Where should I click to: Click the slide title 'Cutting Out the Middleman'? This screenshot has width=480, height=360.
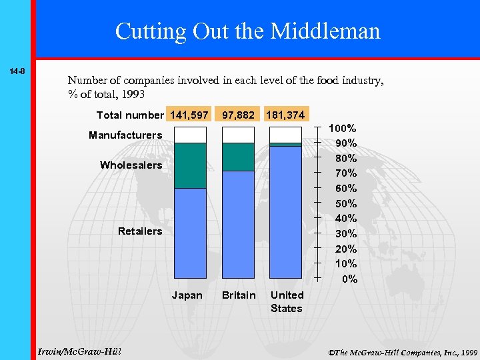point(247,31)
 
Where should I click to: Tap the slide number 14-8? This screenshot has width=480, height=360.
point(17,71)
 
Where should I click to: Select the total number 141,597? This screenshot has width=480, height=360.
point(189,115)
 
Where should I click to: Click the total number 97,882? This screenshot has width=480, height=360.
point(238,115)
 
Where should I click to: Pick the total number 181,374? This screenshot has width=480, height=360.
point(285,115)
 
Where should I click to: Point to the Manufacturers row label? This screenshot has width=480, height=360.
point(125,135)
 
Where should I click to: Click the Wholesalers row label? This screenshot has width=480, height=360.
point(131,165)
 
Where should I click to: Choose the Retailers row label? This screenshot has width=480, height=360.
point(140,231)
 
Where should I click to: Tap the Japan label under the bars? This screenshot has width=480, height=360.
point(187,295)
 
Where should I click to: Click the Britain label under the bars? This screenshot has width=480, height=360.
point(239,295)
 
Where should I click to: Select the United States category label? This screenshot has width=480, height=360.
point(287,301)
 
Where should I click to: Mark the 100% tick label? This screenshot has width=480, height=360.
point(343,128)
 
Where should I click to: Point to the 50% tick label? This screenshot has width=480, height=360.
point(345,203)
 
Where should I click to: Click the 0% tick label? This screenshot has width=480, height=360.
point(349,279)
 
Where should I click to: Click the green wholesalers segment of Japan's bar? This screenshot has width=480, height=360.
point(190,165)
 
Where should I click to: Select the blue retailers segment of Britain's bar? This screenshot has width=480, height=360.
point(238,224)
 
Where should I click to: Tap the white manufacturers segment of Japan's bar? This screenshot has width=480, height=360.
point(190,135)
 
